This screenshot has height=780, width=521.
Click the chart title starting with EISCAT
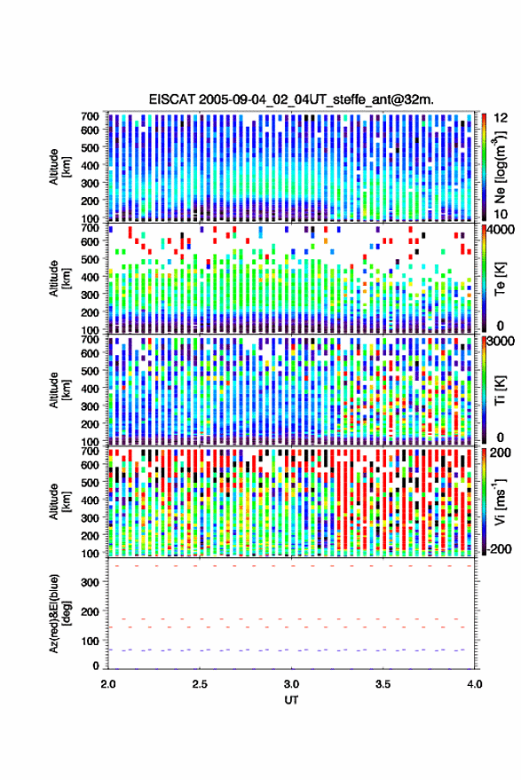(291, 99)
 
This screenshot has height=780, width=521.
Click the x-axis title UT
(292, 700)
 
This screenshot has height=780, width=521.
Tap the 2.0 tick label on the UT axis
(108, 684)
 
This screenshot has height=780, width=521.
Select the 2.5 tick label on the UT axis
(200, 684)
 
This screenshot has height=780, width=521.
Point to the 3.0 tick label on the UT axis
(292, 684)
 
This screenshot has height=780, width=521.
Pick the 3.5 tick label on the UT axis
(383, 684)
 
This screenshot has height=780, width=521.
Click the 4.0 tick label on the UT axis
(475, 684)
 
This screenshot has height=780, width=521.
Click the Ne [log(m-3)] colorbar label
(500, 167)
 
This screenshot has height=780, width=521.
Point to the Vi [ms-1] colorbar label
(500, 501)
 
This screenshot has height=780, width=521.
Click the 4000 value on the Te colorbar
(500, 230)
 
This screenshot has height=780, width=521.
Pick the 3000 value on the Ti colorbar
(500, 342)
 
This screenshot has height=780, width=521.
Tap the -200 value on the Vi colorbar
(498, 549)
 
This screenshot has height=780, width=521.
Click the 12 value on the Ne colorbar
(501, 118)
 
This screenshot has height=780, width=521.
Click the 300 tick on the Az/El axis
(90, 582)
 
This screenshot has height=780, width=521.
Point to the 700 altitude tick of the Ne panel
(90, 116)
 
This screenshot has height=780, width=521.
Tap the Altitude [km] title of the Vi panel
(59, 501)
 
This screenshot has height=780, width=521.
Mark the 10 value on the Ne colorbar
(501, 214)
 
